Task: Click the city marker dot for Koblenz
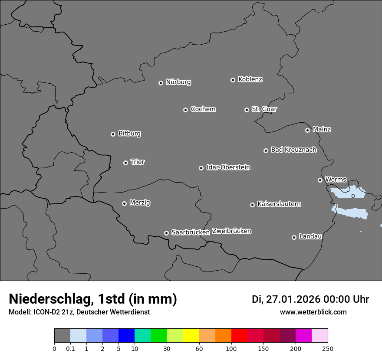click(233, 80)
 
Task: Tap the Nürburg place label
click(178, 82)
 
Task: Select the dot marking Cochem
click(185, 110)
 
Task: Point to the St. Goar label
click(264, 109)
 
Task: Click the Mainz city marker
click(307, 130)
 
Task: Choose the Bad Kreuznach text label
click(293, 150)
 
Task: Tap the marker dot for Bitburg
click(113, 134)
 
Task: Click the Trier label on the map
click(138, 162)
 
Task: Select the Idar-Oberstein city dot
click(201, 168)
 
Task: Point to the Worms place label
click(336, 179)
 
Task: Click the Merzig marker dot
click(124, 203)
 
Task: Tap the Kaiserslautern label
click(279, 204)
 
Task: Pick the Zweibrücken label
click(231, 231)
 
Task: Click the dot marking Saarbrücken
click(166, 233)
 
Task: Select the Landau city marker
click(294, 237)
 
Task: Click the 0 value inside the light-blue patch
click(353, 196)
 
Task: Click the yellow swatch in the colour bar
click(191, 336)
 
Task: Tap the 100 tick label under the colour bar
click(231, 348)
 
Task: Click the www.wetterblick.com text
click(313, 312)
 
